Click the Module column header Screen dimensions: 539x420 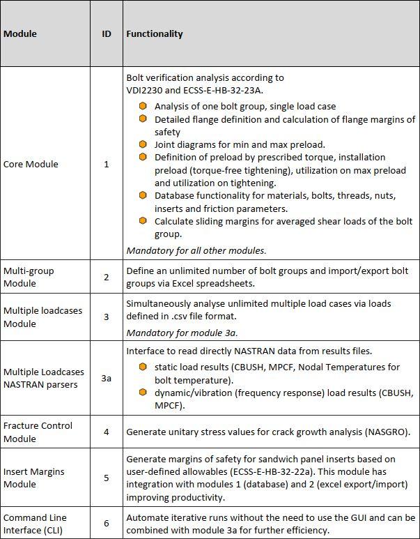tap(20, 33)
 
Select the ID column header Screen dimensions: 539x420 tap(107, 33)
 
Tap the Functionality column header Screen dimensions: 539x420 tap(155, 33)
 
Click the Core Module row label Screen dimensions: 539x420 tap(31, 165)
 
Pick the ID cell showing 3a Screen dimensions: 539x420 tap(107, 379)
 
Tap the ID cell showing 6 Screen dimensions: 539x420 tap(107, 524)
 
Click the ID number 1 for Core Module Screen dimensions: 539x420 tap(107, 165)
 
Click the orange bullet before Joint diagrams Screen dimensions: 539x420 tap(143, 144)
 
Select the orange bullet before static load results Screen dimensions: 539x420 tap(143, 367)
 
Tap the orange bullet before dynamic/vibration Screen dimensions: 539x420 tap(143, 392)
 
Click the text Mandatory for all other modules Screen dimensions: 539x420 tap(196, 250)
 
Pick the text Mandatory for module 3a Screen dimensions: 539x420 tap(181, 333)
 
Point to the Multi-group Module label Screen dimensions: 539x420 tap(29, 277)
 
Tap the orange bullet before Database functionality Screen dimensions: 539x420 tap(143, 196)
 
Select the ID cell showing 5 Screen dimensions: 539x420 tap(107, 478)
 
